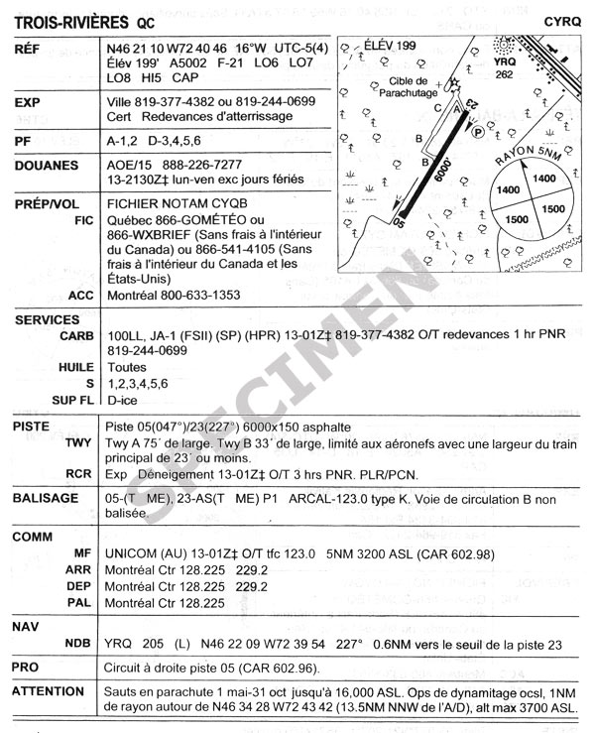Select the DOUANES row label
pos(47,166)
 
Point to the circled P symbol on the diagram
pos(478,130)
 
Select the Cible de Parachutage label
pos(403,86)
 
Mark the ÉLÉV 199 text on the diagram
pos(390,46)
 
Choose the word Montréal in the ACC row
pos(134,295)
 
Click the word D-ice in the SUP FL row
pos(123,399)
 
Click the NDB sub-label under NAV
pos(78,645)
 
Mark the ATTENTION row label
pos(49,690)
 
